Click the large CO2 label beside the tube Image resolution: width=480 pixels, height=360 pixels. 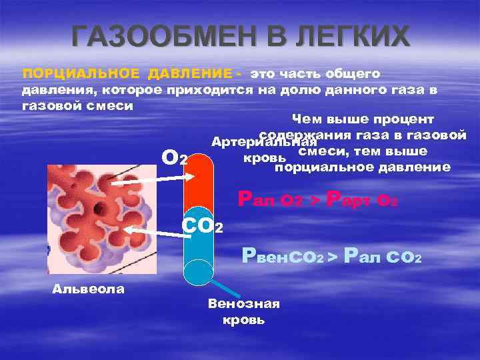[x=203, y=226]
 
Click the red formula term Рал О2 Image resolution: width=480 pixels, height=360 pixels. [x=271, y=199]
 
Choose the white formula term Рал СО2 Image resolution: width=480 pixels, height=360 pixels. [x=383, y=257]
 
